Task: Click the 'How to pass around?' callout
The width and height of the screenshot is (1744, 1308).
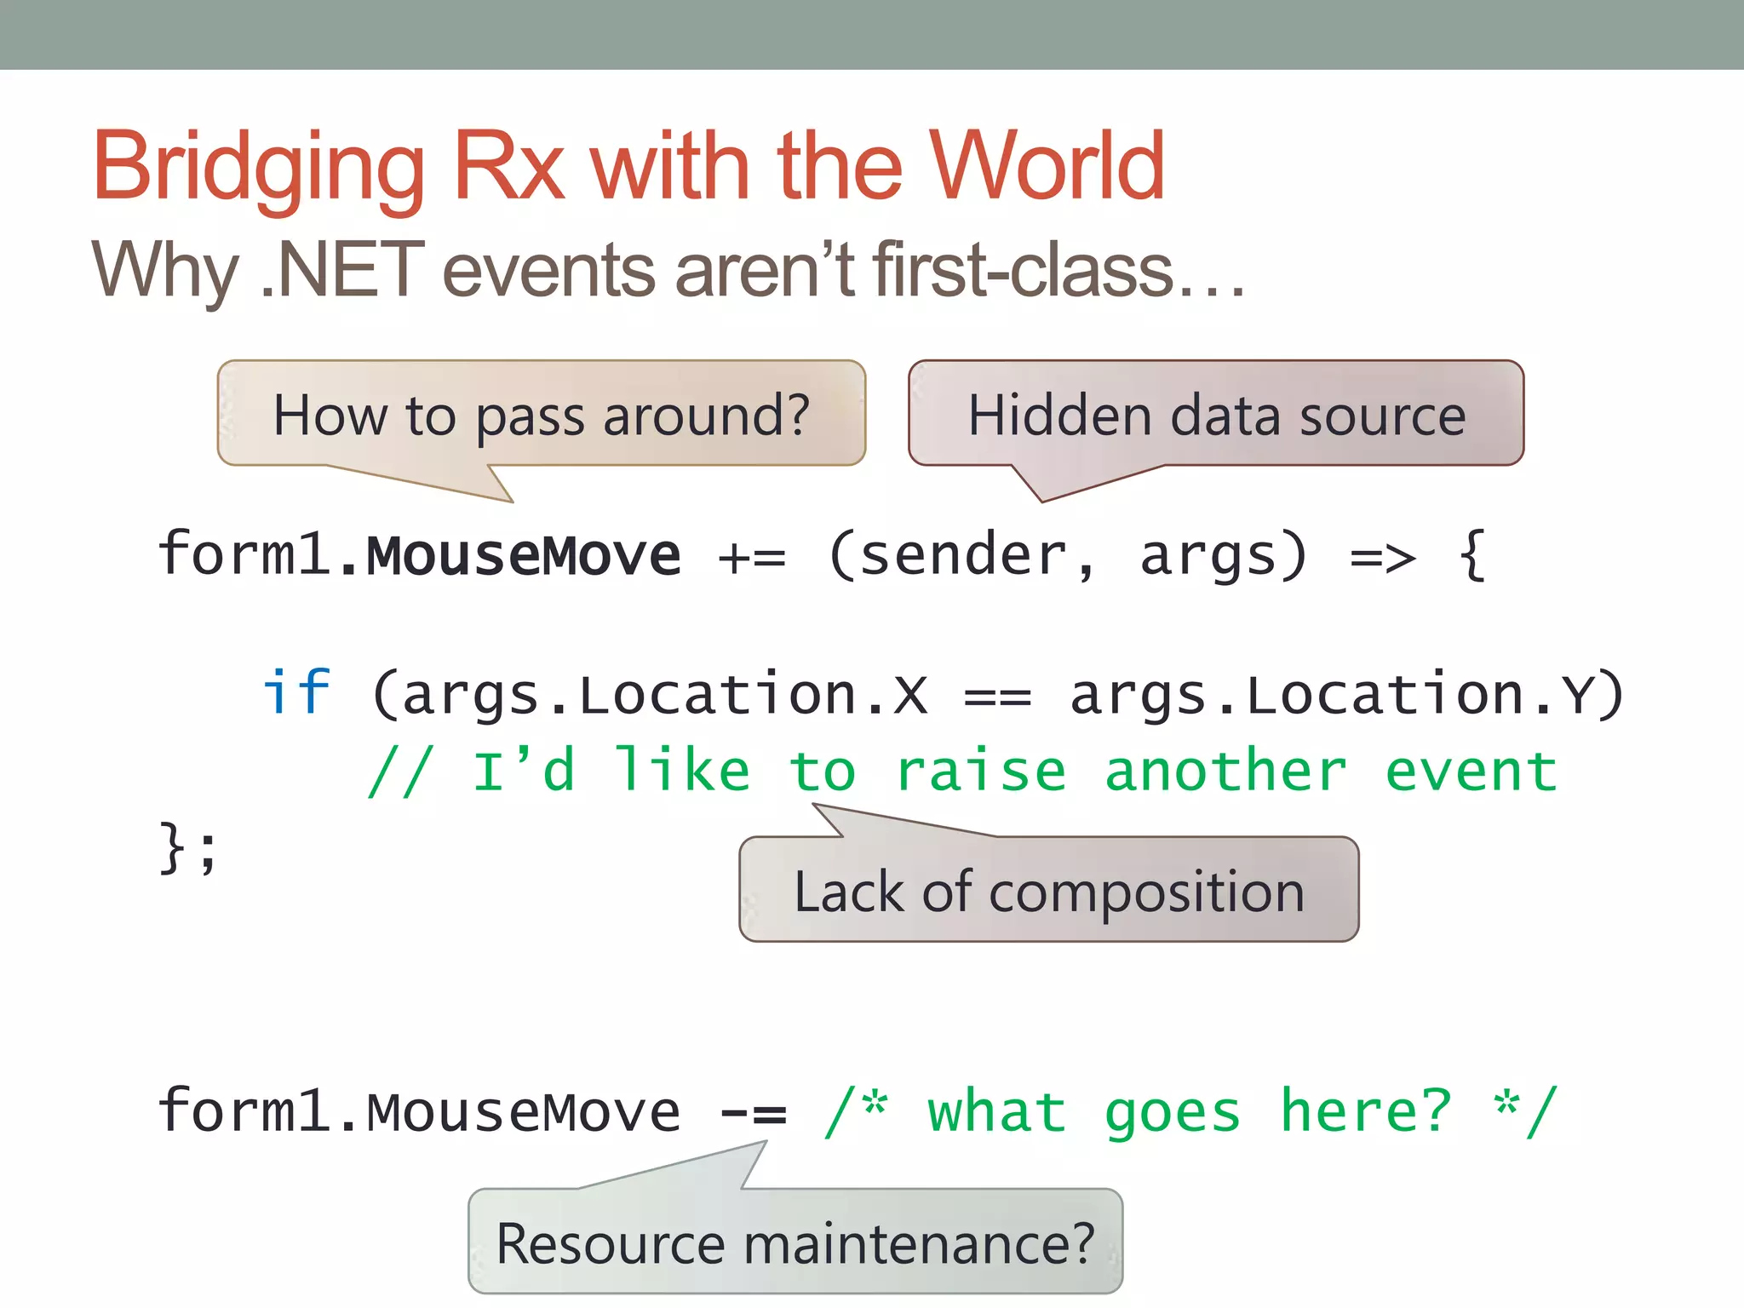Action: tap(541, 416)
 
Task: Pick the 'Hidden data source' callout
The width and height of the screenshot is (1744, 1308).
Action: tap(1216, 416)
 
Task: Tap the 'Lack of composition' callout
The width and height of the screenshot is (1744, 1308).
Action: tap(1048, 891)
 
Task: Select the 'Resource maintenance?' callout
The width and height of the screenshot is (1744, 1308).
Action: tap(795, 1242)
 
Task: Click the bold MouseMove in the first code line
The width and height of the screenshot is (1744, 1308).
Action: tap(523, 556)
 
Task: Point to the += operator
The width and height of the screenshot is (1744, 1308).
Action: tap(752, 558)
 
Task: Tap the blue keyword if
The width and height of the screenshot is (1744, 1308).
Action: tap(295, 691)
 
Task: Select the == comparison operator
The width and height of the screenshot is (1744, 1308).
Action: tap(997, 697)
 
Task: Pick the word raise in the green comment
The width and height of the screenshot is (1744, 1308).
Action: tap(981, 772)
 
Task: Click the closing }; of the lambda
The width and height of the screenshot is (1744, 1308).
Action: tap(188, 848)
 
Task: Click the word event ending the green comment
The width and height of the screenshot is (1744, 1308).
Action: tap(1471, 772)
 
